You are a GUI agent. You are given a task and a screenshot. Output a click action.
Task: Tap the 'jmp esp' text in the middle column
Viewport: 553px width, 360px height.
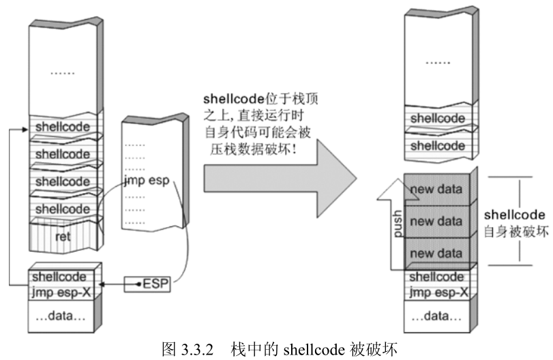(x=146, y=182)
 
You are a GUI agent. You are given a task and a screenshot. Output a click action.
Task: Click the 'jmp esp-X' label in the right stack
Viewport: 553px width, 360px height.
(x=439, y=292)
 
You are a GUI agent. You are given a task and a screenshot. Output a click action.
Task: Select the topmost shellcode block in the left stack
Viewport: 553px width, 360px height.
(x=62, y=127)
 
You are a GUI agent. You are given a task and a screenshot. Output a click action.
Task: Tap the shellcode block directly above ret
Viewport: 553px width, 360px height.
(x=62, y=208)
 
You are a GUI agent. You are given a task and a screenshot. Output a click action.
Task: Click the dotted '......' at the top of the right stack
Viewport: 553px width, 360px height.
(x=438, y=61)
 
